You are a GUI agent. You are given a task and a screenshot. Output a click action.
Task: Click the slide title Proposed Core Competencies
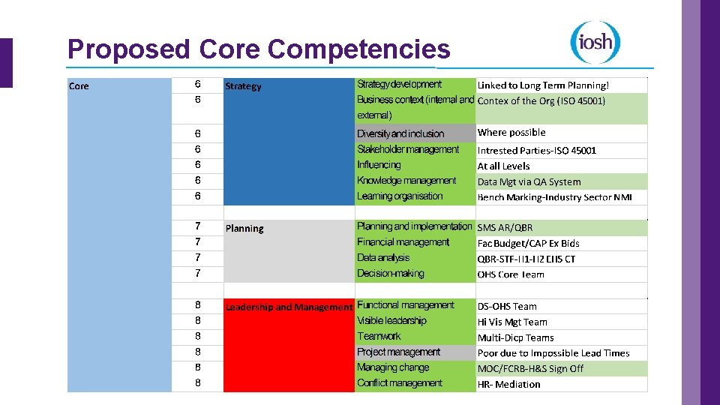(259, 49)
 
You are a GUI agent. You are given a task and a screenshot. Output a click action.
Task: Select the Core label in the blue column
(79, 86)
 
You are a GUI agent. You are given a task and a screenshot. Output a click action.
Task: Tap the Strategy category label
(244, 86)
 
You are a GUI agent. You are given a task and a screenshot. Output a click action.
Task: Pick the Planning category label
(244, 229)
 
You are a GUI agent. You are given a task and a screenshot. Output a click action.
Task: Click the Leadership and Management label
(289, 307)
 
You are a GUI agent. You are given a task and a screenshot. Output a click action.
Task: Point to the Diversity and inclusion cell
(400, 133)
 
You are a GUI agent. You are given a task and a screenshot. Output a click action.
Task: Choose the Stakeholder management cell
(408, 149)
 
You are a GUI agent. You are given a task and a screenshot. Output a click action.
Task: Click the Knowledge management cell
(406, 181)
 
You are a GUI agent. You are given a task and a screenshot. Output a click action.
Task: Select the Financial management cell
(403, 242)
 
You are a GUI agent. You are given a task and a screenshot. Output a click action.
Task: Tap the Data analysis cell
(383, 258)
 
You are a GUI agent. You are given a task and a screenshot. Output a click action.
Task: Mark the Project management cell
(399, 352)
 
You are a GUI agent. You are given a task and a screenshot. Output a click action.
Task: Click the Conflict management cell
(400, 383)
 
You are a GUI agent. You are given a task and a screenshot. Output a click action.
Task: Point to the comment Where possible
(511, 133)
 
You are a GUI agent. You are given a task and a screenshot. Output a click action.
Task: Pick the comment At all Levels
(503, 166)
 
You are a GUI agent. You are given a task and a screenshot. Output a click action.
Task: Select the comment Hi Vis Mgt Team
(512, 322)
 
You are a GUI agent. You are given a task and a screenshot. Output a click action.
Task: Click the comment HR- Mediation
(508, 384)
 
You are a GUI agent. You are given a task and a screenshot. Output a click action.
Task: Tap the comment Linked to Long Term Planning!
(543, 85)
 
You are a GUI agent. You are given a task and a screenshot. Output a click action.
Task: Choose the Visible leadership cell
(391, 321)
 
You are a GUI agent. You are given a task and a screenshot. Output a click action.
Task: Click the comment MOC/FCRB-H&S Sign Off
(530, 368)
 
